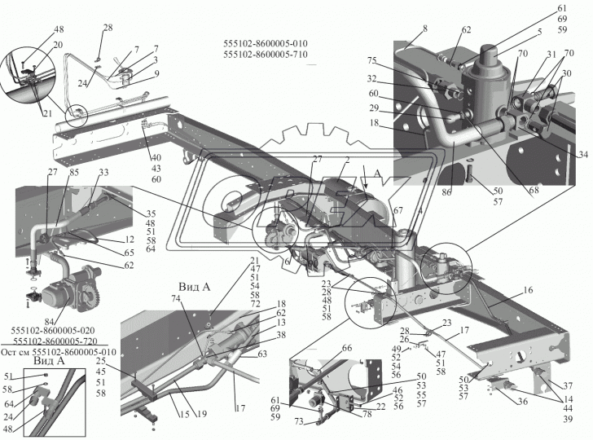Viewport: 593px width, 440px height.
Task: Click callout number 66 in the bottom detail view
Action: point(324,349)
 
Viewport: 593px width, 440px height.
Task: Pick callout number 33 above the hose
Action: point(103,172)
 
